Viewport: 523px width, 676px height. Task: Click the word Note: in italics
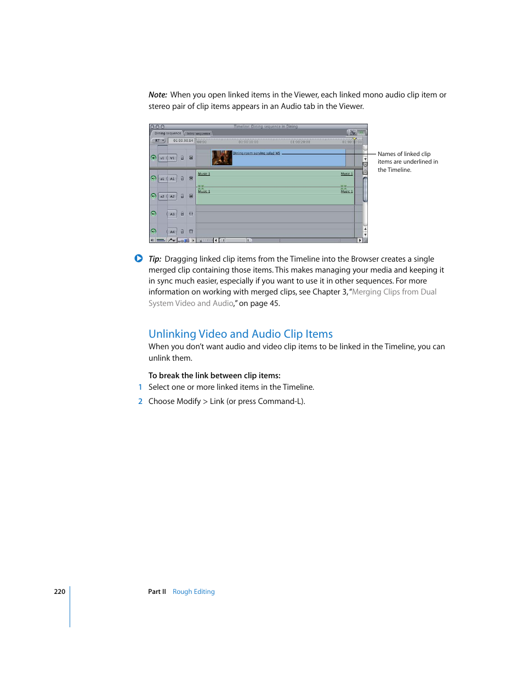coord(157,95)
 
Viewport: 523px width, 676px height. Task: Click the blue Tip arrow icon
coord(139,258)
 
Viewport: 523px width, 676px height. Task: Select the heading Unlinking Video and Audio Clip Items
coord(240,334)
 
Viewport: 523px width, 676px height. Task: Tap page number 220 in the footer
coord(59,592)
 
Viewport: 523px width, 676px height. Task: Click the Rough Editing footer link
coord(194,592)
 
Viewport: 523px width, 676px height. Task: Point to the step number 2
coord(140,401)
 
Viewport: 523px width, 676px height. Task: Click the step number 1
coord(140,387)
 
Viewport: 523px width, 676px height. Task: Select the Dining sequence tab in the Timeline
coord(167,133)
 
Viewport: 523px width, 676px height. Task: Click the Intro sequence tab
coord(198,134)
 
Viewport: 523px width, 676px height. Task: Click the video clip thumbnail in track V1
coord(221,158)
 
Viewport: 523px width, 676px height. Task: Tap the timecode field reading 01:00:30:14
coord(183,141)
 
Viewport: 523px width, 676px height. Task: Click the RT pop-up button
coord(158,141)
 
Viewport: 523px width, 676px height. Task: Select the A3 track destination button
coord(172,214)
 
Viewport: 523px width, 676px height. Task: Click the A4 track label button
coord(172,232)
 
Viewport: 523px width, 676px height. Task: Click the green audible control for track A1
coord(154,178)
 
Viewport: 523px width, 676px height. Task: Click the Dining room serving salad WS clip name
coord(256,153)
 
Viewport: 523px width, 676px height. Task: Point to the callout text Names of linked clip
coord(403,154)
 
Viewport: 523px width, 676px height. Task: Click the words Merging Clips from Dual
coord(394,292)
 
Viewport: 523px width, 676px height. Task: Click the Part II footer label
coord(157,592)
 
